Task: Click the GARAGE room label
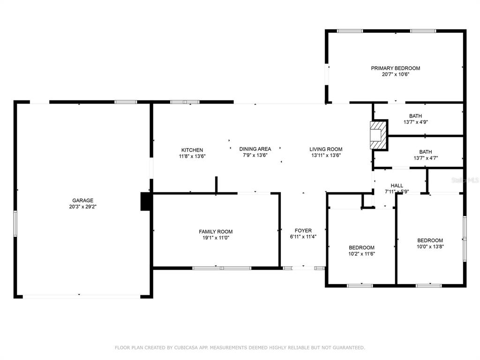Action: pyautogui.click(x=82, y=201)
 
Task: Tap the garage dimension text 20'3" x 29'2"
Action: pyautogui.click(x=82, y=207)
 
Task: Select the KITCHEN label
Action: pyautogui.click(x=192, y=150)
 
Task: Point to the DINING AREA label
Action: pyautogui.click(x=255, y=149)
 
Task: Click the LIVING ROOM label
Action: pyautogui.click(x=326, y=149)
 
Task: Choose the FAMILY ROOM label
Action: pyautogui.click(x=216, y=232)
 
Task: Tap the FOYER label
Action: pyautogui.click(x=303, y=231)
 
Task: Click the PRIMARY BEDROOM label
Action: pyautogui.click(x=396, y=68)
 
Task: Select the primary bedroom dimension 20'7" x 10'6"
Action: pyautogui.click(x=396, y=75)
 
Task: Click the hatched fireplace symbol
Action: pyautogui.click(x=378, y=135)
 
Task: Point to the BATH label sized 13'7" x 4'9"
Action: pyautogui.click(x=415, y=116)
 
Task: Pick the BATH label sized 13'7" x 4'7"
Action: pyautogui.click(x=426, y=152)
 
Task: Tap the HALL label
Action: pyautogui.click(x=397, y=186)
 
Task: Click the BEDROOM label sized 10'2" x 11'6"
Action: pyautogui.click(x=361, y=247)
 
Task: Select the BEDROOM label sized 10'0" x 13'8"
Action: pyautogui.click(x=430, y=240)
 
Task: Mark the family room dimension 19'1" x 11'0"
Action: pyautogui.click(x=216, y=238)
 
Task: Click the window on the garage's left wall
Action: pyautogui.click(x=15, y=223)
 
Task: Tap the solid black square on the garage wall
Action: pyautogui.click(x=146, y=202)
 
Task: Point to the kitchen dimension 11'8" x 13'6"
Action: pyautogui.click(x=192, y=156)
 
